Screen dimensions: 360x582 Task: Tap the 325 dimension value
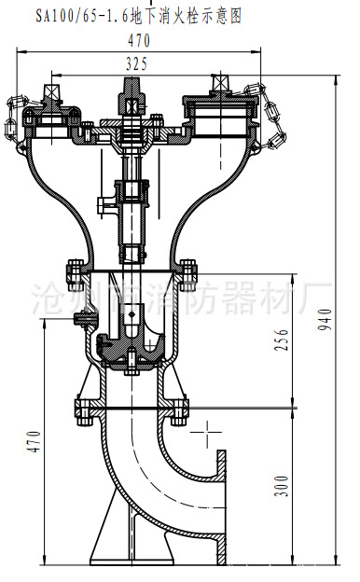136,63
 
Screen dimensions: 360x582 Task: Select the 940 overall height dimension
325,319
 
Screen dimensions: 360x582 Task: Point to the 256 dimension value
282,339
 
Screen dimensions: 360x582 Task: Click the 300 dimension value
282,486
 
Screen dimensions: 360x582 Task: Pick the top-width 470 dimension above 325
139,40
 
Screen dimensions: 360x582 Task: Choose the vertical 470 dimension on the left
34,441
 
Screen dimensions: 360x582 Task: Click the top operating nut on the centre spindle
132,96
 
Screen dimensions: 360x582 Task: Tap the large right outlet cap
220,115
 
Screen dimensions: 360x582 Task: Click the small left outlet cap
51,118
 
